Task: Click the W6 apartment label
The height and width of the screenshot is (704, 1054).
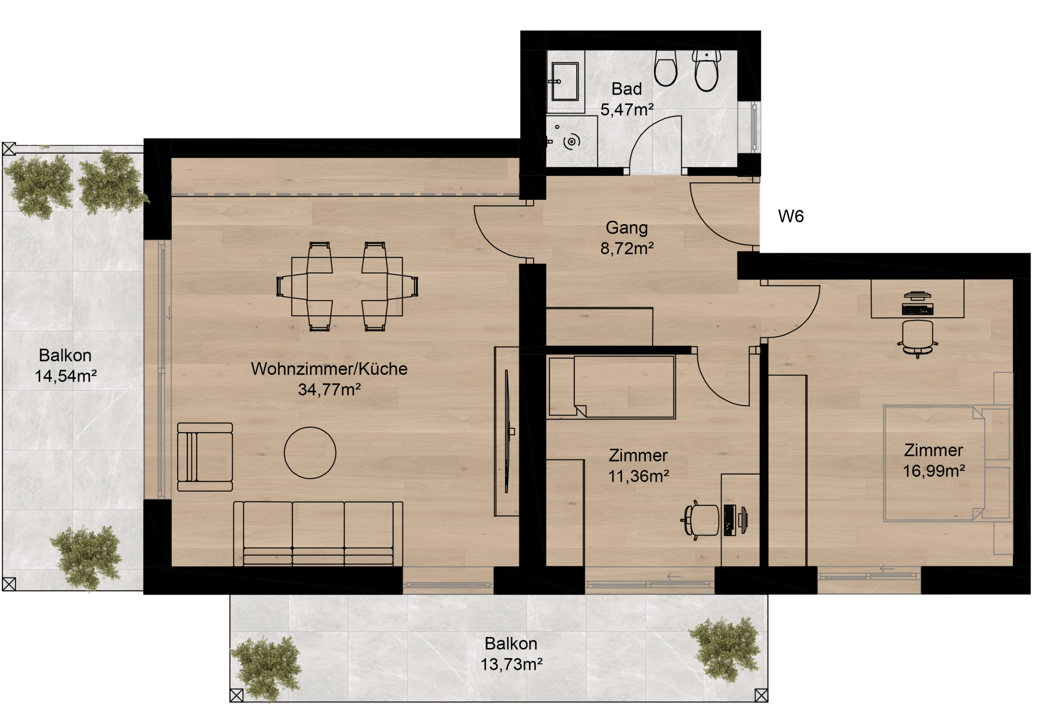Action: pyautogui.click(x=791, y=216)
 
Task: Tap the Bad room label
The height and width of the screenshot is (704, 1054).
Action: pyautogui.click(x=627, y=89)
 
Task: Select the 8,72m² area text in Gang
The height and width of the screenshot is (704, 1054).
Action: pyautogui.click(x=627, y=248)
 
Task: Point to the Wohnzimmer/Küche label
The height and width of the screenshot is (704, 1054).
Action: pyautogui.click(x=329, y=369)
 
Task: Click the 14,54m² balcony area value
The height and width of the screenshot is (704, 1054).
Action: pyautogui.click(x=66, y=376)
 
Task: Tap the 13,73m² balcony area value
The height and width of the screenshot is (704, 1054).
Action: pyautogui.click(x=511, y=664)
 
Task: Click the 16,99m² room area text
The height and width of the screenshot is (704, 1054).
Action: pyautogui.click(x=934, y=471)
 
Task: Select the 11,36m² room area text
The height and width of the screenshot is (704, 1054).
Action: pyautogui.click(x=639, y=476)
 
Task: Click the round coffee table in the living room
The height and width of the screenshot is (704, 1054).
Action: pyautogui.click(x=310, y=453)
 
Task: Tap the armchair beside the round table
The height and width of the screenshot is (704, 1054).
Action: pyautogui.click(x=205, y=457)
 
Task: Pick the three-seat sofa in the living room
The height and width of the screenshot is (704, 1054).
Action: pyautogui.click(x=318, y=534)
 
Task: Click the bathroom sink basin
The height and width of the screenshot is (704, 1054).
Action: pyautogui.click(x=565, y=82)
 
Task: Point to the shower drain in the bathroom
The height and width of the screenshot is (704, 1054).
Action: pyautogui.click(x=571, y=142)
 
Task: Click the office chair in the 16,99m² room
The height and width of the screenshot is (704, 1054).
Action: pyautogui.click(x=917, y=338)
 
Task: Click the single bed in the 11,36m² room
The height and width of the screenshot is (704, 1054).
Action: pyautogui.click(x=612, y=387)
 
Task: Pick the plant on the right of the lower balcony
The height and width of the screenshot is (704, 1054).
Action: pyautogui.click(x=724, y=648)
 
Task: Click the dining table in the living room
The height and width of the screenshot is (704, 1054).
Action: pyautogui.click(x=347, y=286)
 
